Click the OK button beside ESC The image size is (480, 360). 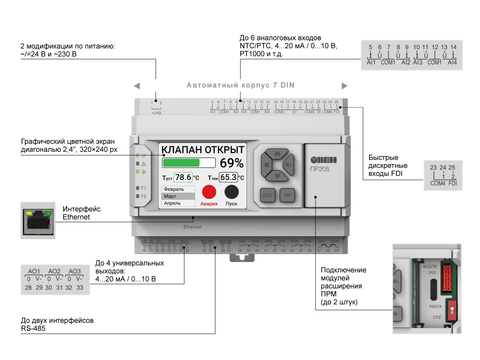[287, 195]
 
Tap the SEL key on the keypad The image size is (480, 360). [288, 164]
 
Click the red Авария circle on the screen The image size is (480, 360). [209, 192]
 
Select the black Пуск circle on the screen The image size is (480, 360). [232, 192]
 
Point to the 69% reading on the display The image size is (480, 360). [232, 163]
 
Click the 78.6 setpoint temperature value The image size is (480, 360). [184, 177]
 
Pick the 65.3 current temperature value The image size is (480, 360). [228, 177]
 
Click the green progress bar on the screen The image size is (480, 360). [181, 162]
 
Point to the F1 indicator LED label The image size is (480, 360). [144, 188]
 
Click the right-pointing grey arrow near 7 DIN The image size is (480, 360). [344, 86]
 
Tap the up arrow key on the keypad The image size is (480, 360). [276, 154]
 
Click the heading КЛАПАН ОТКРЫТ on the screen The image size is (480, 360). [202, 150]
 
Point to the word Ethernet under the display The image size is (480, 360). [192, 227]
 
